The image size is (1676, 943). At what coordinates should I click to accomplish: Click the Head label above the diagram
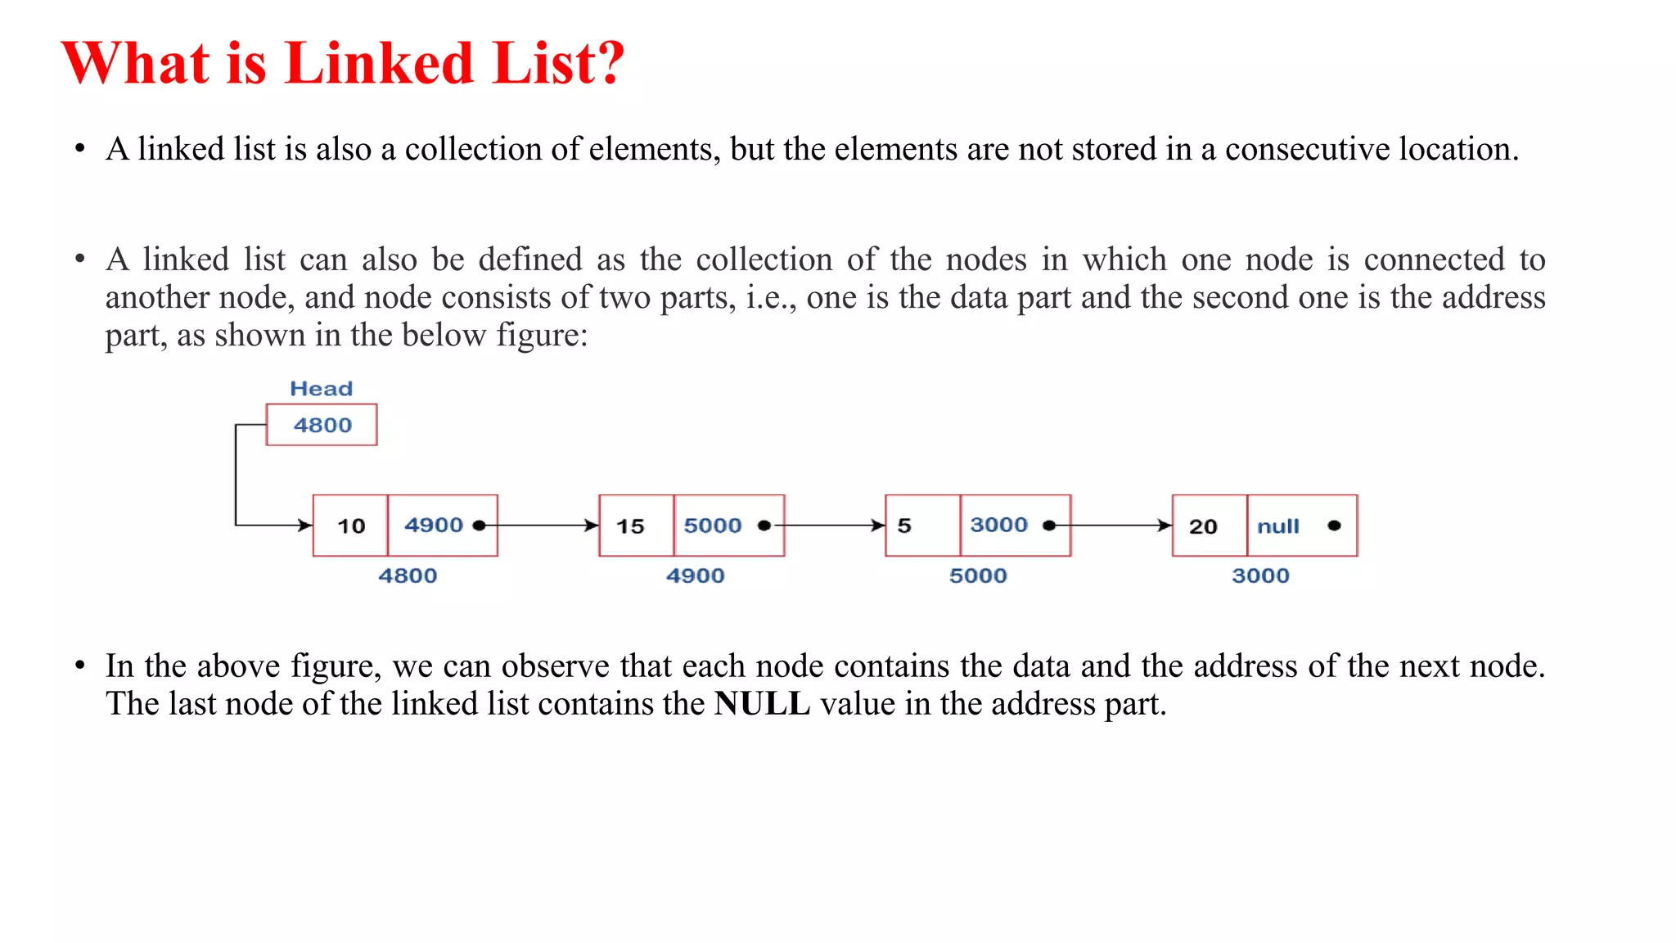tap(321, 389)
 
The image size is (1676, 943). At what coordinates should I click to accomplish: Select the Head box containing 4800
tap(322, 425)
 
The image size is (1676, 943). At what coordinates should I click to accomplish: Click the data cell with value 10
tap(351, 526)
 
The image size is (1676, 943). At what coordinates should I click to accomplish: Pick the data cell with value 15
tap(636, 526)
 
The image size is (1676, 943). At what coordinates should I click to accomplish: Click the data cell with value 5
tap(922, 526)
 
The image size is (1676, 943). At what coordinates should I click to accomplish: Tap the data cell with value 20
tap(1209, 526)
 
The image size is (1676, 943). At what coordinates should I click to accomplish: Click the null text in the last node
tap(1277, 526)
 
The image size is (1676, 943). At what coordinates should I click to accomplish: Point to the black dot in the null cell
tap(1334, 526)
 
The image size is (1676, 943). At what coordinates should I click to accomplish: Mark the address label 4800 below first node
tap(408, 575)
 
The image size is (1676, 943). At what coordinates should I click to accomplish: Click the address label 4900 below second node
tap(695, 575)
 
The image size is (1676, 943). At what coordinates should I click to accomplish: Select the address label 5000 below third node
tap(978, 575)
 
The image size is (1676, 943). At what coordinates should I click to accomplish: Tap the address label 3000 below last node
tap(1260, 575)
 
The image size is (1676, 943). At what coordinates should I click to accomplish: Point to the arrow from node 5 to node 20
tap(1121, 526)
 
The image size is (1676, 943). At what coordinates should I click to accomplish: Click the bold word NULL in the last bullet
tap(762, 704)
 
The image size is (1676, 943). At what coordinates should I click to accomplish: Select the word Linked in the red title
tap(379, 63)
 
